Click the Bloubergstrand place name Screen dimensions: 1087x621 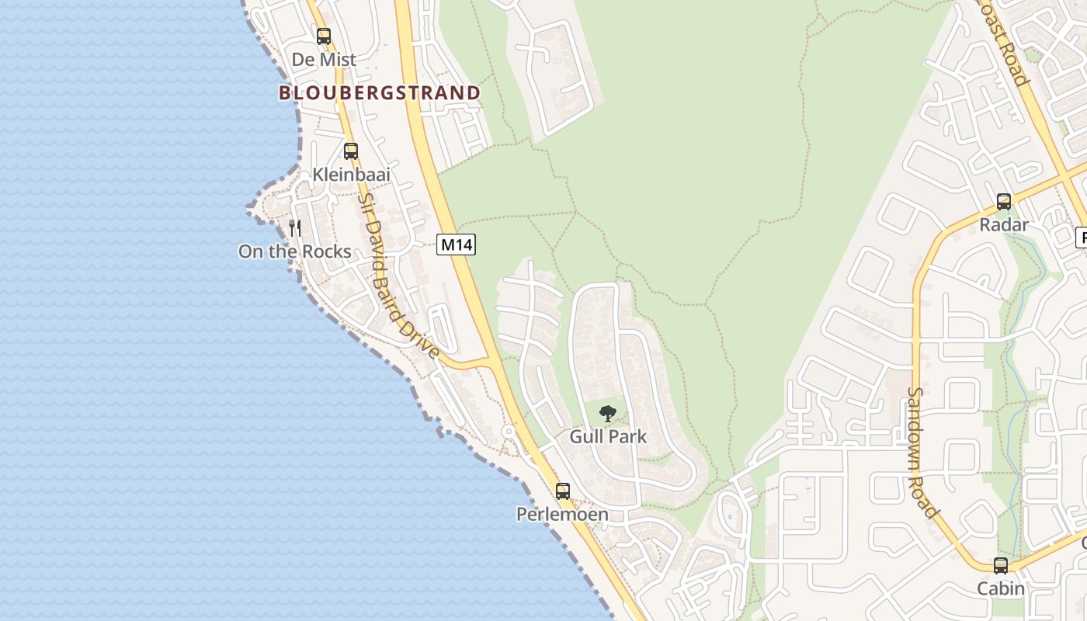click(379, 93)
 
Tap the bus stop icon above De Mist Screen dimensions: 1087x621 click(324, 36)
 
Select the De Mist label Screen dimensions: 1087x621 click(324, 59)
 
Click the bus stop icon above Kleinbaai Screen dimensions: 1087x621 click(351, 151)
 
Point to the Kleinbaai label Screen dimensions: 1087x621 click(351, 175)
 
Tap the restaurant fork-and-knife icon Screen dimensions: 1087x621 click(295, 227)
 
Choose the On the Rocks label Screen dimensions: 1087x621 click(295, 252)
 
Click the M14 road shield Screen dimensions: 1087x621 click(456, 245)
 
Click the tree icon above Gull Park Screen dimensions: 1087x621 click(608, 413)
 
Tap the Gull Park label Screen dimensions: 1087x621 click(608, 436)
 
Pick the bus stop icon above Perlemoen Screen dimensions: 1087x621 click(563, 491)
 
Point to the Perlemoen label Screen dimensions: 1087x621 click(563, 514)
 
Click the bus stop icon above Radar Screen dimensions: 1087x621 click(1004, 202)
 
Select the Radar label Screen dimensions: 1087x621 click(1004, 225)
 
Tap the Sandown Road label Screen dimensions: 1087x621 click(922, 452)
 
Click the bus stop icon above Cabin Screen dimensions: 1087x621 click(1001, 565)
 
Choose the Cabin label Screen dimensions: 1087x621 click(1001, 588)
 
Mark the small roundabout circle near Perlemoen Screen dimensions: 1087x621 click(509, 431)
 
